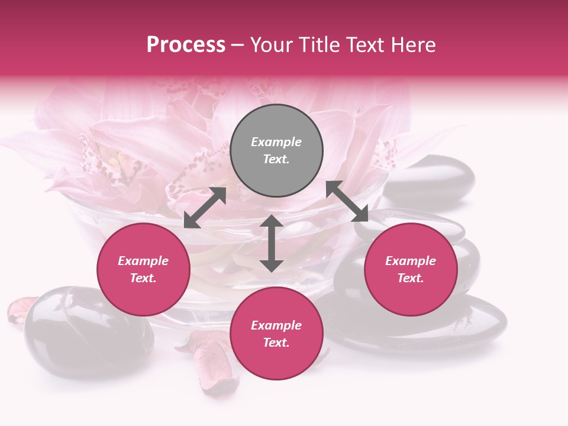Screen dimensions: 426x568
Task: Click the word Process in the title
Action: pyautogui.click(x=186, y=45)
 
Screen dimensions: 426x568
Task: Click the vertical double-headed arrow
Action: pyautogui.click(x=272, y=243)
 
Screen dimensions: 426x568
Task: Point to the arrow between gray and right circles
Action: pyautogui.click(x=347, y=201)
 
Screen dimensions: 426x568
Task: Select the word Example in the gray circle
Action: pyautogui.click(x=276, y=142)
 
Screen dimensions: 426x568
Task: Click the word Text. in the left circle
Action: pyautogui.click(x=143, y=278)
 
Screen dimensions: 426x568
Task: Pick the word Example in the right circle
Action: pyautogui.click(x=411, y=261)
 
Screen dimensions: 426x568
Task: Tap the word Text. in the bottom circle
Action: pyautogui.click(x=276, y=343)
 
